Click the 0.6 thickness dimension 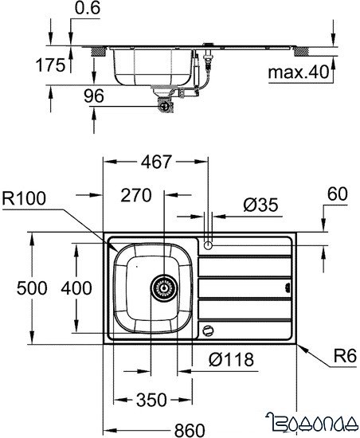(x=89, y=10)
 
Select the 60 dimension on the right (x=337, y=194)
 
